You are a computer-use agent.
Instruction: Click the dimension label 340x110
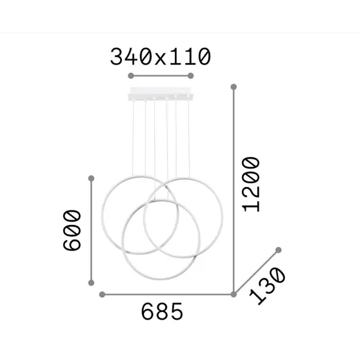coord(160,57)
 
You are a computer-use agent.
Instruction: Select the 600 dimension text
coord(73,230)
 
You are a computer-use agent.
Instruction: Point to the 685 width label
coord(162,311)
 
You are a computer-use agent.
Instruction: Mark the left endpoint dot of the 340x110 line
coord(131,75)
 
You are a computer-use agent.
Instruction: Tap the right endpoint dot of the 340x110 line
coord(190,75)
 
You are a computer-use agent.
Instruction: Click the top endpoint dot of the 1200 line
coord(234,86)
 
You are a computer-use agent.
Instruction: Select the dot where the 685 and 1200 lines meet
coord(234,294)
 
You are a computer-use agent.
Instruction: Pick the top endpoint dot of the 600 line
coord(92,178)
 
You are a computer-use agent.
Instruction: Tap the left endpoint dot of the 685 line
coord(102,294)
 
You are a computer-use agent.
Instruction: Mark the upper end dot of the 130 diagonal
coord(276,251)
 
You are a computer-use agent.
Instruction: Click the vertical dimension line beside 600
coord(92,230)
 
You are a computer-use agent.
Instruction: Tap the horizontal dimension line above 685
coord(168,294)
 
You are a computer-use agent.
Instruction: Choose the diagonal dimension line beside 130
coord(255,272)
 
